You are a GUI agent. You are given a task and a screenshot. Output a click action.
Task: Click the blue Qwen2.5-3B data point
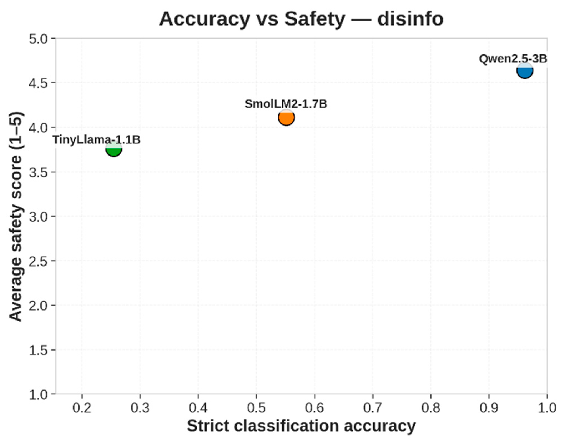point(525,71)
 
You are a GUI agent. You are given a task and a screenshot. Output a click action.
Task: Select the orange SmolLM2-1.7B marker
point(286,117)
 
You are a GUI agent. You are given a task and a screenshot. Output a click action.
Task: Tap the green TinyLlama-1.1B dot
point(114,149)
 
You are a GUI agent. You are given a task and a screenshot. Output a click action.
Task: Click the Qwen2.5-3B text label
point(513,59)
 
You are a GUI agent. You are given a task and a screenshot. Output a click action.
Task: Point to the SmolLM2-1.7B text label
point(286,104)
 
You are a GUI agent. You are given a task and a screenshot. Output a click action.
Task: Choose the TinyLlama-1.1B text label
point(97,140)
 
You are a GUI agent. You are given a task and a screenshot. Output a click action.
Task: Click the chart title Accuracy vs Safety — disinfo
point(301,19)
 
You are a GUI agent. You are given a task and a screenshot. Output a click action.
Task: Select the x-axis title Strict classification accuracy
point(301,426)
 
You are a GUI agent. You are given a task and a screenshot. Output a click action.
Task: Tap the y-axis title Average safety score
point(16,217)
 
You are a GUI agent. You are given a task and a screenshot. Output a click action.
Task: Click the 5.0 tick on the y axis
point(38,38)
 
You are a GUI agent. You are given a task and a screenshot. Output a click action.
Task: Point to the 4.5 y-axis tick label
point(38,83)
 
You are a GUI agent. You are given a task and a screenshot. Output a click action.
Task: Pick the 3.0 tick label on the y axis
point(38,216)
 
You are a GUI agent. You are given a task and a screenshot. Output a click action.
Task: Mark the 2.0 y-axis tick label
point(38,305)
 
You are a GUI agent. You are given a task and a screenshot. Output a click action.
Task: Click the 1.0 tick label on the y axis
point(38,394)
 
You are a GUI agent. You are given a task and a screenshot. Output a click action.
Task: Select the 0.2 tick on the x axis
point(82,408)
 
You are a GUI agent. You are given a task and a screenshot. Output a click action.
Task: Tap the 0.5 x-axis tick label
point(256,408)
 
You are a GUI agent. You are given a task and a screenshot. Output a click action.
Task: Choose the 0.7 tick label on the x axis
point(373,408)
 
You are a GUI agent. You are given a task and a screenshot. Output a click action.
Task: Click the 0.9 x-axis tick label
point(489,408)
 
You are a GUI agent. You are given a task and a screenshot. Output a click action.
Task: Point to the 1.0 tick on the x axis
point(547,408)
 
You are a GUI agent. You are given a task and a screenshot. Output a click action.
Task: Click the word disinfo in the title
point(411,19)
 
